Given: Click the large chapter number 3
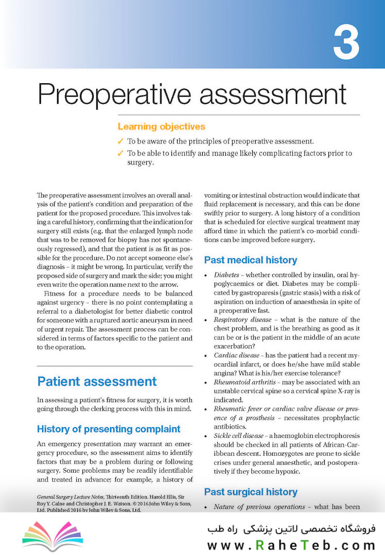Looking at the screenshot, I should [346, 42].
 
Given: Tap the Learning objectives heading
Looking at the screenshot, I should [161, 126].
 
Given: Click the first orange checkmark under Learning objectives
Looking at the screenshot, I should [120, 141].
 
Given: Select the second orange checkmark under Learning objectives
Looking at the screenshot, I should [120, 153].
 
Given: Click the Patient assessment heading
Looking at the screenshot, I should [97, 381].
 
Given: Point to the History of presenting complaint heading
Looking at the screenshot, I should [109, 429].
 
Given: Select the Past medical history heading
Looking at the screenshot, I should [251, 260].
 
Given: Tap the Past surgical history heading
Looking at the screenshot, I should [251, 492].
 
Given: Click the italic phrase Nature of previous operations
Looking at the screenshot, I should [259, 507].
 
